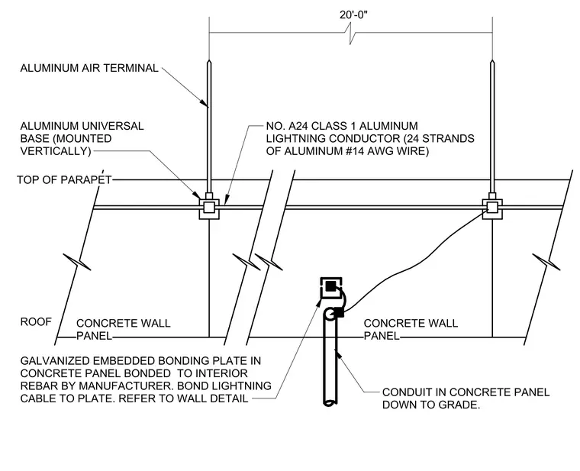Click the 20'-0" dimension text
(353, 15)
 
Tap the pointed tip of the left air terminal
(209, 60)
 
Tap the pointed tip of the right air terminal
(492, 60)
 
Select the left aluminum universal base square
(209, 209)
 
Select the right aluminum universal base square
(492, 209)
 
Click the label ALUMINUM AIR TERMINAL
(89, 68)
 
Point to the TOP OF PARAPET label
(64, 180)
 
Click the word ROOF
(36, 322)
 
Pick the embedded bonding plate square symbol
(330, 288)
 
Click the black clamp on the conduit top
(339, 313)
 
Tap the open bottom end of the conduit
(330, 402)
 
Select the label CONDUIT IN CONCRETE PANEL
(466, 392)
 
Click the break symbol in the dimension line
(350, 34)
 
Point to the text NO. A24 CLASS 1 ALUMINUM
(342, 126)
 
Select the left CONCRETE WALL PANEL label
(123, 329)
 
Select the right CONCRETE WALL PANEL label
(411, 329)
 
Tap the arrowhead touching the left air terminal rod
(204, 102)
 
